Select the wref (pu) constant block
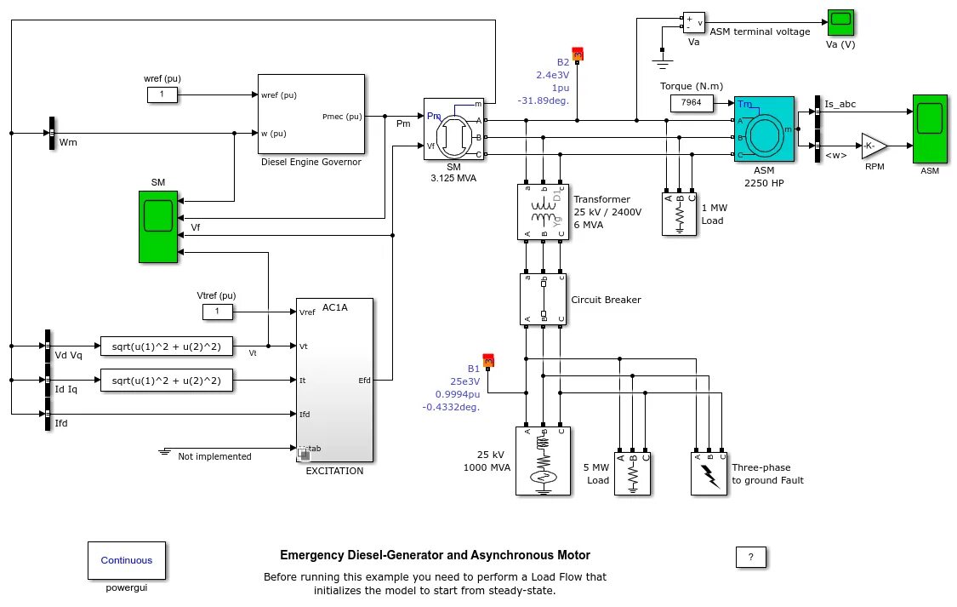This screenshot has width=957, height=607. pos(162,94)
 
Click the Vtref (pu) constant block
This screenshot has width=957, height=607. pos(217,312)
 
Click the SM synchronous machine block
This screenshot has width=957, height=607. pos(453,129)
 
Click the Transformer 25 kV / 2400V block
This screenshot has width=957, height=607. pos(543,211)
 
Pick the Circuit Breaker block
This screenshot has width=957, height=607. pos(543,299)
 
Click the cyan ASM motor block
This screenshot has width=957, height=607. pos(764,129)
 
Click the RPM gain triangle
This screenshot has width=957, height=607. pos(873,146)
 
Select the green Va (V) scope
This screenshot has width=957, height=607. pos(840,22)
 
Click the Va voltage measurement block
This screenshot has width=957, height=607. pos(693,21)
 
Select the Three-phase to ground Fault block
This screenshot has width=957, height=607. pos(709,472)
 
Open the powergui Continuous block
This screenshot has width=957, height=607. pos(127,560)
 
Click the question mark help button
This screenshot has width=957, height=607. pos(750,558)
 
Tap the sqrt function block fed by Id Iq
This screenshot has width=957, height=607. pos(166,381)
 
